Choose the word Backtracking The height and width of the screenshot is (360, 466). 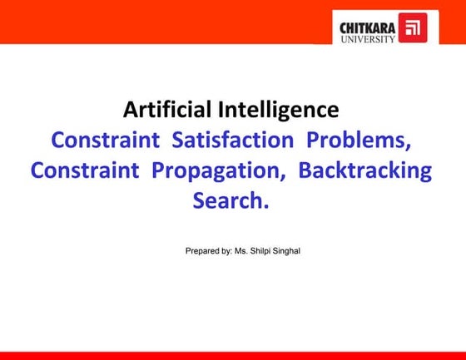coord(364,170)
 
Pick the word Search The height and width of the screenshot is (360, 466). coord(229,200)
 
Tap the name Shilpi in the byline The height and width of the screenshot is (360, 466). coord(259,249)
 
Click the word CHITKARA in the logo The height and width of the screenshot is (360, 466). coord(367,27)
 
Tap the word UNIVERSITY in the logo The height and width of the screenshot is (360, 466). coord(367,38)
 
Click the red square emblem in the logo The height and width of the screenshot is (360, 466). coord(410,27)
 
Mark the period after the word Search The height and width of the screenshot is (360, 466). coord(266,205)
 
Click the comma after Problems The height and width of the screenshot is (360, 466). coord(409,145)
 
